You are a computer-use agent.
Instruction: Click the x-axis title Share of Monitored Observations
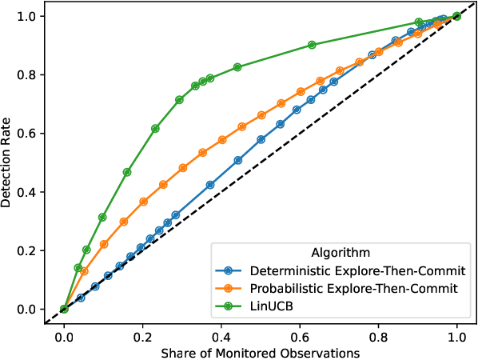(260, 352)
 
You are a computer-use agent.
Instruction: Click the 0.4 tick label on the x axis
(221, 336)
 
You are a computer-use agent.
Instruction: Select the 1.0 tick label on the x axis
(456, 336)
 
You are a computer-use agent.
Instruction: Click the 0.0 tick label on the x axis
(63, 336)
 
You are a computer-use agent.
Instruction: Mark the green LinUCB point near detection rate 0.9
(312, 46)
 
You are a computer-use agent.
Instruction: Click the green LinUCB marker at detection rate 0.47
(126, 172)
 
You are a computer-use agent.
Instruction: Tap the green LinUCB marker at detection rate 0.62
(155, 129)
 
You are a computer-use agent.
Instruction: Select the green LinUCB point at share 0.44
(237, 67)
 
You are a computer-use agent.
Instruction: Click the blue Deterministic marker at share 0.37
(210, 185)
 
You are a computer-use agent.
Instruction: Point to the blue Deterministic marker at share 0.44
(237, 160)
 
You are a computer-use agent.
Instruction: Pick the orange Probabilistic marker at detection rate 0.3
(123, 222)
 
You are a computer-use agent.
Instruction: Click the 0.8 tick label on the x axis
(377, 336)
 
